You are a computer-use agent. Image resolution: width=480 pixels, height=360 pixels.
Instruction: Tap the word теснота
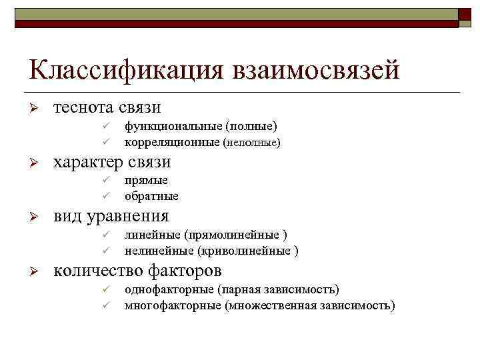click(x=83, y=107)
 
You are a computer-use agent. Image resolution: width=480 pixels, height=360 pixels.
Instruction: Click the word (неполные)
click(x=251, y=142)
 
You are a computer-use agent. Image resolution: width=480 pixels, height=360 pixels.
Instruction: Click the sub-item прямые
click(x=146, y=180)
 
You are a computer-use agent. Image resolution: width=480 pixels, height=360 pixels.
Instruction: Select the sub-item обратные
click(x=151, y=197)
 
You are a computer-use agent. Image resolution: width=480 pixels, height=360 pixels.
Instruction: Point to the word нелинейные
click(x=159, y=251)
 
